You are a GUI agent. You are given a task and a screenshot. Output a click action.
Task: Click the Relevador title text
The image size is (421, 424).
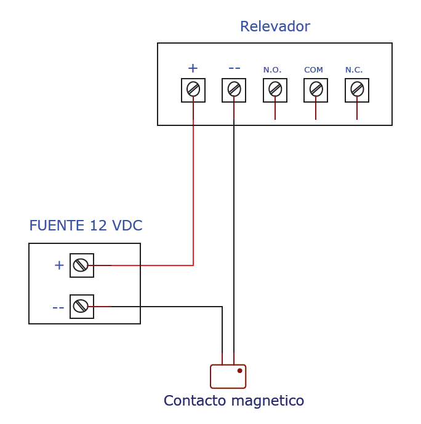275,27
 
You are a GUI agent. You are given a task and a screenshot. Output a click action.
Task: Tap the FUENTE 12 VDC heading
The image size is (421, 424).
86,226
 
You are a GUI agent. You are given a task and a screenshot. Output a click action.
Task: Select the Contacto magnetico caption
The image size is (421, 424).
234,401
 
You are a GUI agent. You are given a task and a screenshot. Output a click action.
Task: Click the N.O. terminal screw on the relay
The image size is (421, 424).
275,89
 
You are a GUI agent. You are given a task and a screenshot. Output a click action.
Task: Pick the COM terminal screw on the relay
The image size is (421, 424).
316,89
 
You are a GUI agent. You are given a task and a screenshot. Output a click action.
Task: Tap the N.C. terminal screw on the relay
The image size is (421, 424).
357,89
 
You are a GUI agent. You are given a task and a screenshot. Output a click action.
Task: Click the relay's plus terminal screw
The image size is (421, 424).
193,89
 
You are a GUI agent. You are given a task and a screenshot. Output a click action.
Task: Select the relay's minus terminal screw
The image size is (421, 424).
234,89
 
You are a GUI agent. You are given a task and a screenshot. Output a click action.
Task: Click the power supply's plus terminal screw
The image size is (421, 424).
81,265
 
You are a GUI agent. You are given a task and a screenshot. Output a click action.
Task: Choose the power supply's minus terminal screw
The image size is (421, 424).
81,306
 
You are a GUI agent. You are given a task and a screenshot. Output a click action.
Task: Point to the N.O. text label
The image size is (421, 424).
272,70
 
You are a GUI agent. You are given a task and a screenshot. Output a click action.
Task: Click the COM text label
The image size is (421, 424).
313,70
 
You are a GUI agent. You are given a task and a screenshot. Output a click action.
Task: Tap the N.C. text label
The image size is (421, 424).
354,70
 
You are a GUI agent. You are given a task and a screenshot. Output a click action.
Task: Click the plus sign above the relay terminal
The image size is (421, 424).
193,68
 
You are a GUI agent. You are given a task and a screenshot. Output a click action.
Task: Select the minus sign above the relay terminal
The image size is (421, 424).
234,68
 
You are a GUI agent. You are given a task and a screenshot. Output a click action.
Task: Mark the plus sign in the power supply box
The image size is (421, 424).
59,265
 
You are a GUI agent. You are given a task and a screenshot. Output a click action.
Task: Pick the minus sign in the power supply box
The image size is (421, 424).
58,307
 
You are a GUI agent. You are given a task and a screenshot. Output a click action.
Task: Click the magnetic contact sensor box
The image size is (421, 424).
228,377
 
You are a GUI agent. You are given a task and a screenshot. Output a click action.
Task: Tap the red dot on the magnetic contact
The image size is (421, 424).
239,371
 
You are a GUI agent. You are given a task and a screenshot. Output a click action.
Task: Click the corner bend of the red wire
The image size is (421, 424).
193,265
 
